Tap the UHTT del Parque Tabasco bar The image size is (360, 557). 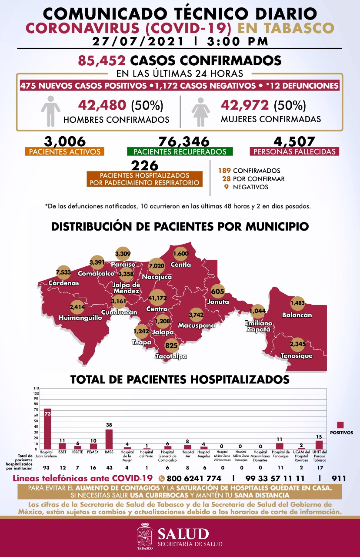[319, 445]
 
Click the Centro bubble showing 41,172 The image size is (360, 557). [157, 298]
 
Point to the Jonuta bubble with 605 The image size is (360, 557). [217, 291]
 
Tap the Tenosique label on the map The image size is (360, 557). [297, 356]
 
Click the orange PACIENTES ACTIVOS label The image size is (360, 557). [65, 152]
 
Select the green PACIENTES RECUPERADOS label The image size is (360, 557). [180, 152]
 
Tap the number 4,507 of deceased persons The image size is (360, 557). [294, 141]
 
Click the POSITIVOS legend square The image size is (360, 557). [340, 425]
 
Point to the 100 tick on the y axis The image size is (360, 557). [36, 393]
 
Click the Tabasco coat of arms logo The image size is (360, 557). [145, 537]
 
